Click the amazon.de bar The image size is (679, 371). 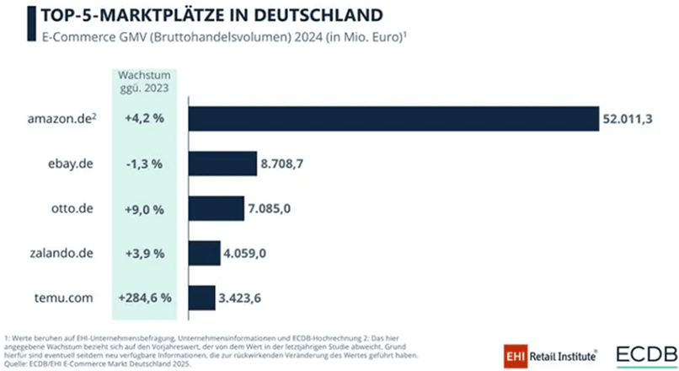point(393,118)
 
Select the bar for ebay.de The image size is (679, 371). point(222,163)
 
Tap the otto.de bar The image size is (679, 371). point(216,208)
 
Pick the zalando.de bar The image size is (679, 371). point(203,253)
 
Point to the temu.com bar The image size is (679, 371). point(201,298)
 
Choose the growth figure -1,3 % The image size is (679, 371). point(144,163)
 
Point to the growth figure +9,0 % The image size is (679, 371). point(144,208)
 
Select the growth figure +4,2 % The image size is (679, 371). point(144,118)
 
